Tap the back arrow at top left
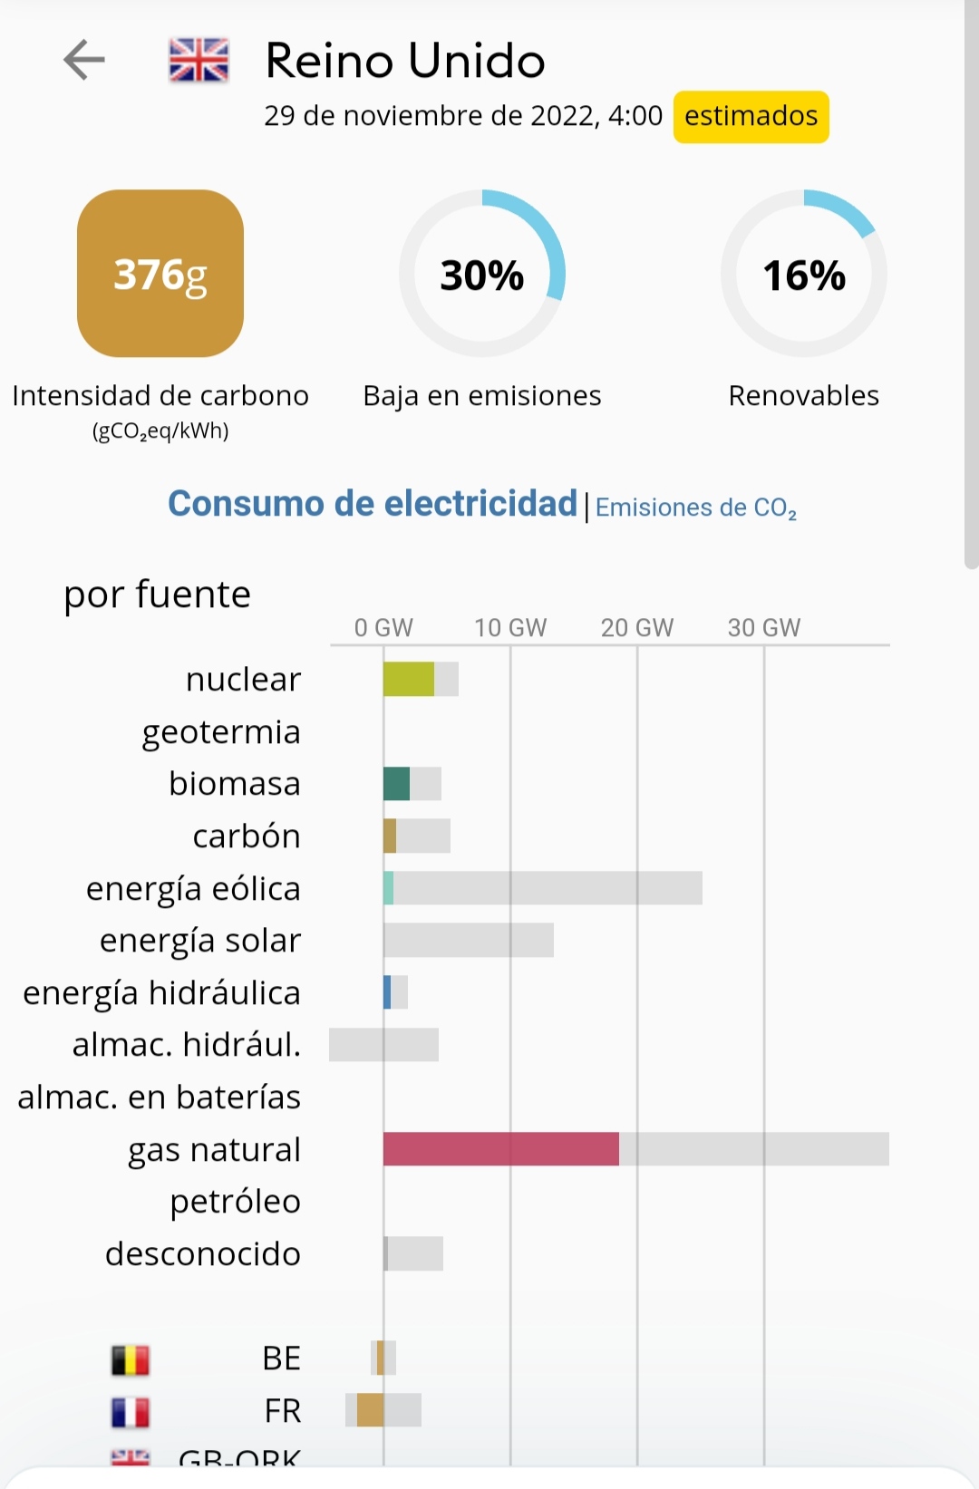(84, 61)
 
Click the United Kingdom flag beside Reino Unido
(199, 61)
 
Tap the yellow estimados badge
(751, 117)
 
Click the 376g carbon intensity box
(160, 274)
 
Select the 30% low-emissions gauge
(482, 274)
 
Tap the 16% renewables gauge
(803, 274)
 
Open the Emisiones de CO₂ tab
(695, 508)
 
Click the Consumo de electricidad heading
(373, 504)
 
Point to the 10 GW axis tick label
(510, 628)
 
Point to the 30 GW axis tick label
(764, 628)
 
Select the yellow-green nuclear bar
(408, 680)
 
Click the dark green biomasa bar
(396, 784)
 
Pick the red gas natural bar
(500, 1149)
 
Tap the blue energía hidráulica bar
(387, 992)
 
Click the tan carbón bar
(390, 836)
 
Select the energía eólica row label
(193, 889)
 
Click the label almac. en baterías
(160, 1097)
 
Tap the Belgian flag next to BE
(131, 1359)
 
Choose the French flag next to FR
(131, 1412)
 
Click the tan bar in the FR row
(370, 1410)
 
